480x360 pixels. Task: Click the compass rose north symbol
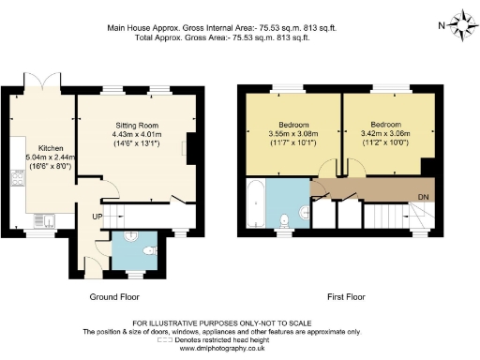(x=463, y=22)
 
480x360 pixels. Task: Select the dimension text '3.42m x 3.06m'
(x=386, y=134)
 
